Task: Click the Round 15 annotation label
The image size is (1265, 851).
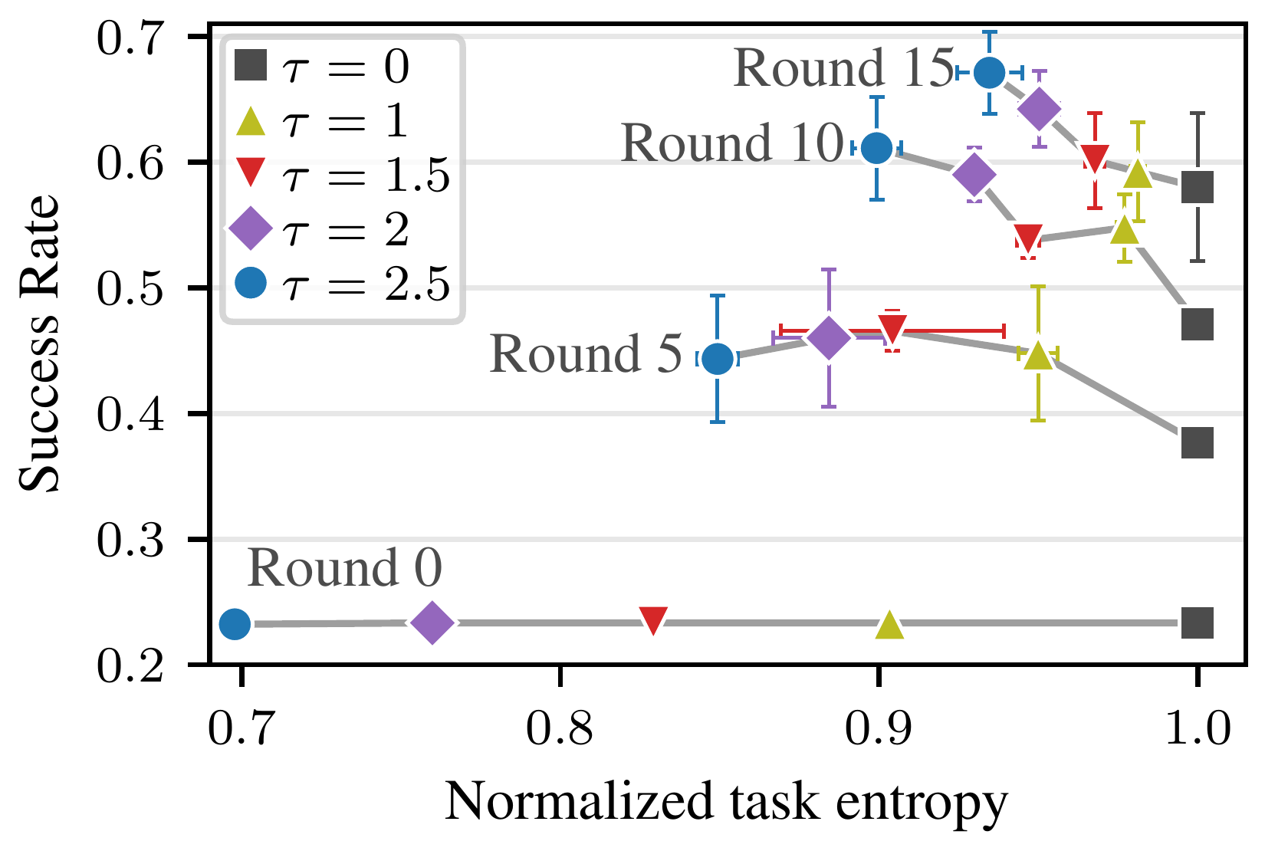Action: (x=843, y=68)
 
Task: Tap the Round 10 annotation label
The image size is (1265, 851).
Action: (x=732, y=143)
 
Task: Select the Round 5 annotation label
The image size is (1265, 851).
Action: (x=586, y=353)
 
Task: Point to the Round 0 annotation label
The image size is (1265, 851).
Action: (x=344, y=567)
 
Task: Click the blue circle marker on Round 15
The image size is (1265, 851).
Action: (x=989, y=73)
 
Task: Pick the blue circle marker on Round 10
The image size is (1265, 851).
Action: (x=876, y=149)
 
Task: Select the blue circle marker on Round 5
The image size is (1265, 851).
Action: (x=717, y=359)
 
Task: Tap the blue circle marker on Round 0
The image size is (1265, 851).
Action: (x=235, y=625)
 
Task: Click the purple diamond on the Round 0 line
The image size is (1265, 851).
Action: (x=432, y=623)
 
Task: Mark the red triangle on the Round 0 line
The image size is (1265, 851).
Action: (x=653, y=620)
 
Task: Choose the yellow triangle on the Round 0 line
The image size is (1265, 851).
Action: (x=889, y=625)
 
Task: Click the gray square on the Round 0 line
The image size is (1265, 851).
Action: (x=1198, y=623)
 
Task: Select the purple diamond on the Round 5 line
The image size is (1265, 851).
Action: (x=829, y=337)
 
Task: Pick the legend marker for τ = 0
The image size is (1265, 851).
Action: (x=251, y=65)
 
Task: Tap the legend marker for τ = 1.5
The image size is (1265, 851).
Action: (x=251, y=172)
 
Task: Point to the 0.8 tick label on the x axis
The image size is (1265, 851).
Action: (x=560, y=728)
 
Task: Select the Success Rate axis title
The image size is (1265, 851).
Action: (x=38, y=343)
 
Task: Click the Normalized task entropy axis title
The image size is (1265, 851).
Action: (x=726, y=802)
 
